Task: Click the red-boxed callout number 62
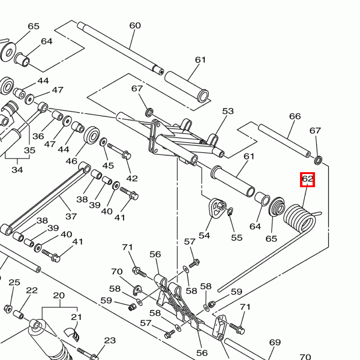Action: [307, 179]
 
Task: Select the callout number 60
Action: [135, 26]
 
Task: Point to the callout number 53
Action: [227, 111]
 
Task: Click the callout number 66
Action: [295, 116]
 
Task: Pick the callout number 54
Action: [205, 235]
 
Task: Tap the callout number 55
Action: [237, 238]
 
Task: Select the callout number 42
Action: [132, 178]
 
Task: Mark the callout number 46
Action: [71, 161]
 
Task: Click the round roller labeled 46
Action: [92, 134]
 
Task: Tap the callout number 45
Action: [108, 165]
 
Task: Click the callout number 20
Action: [59, 295]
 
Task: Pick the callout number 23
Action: [110, 341]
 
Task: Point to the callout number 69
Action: [275, 343]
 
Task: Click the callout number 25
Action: [14, 283]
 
